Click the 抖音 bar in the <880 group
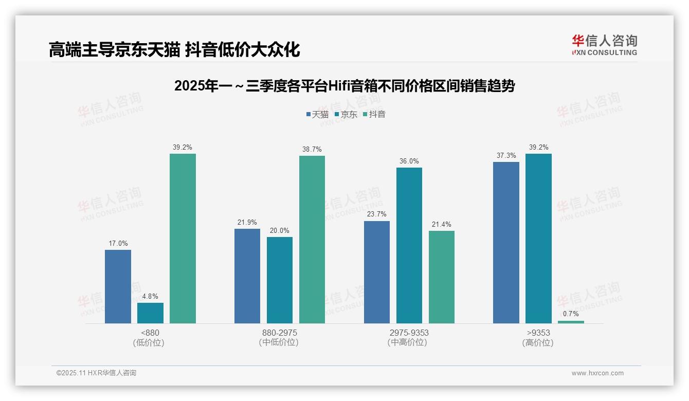click(183, 239)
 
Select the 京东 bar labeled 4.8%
click(150, 313)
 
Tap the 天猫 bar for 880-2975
click(247, 276)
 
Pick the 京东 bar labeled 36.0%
click(409, 245)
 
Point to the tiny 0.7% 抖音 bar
click(571, 322)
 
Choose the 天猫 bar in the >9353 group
click(506, 243)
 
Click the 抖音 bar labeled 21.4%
click(442, 277)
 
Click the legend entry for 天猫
click(317, 114)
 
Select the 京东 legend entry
click(346, 114)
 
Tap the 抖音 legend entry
click(374, 114)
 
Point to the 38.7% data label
click(312, 150)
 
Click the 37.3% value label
click(506, 156)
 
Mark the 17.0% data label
click(118, 244)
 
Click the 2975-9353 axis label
click(409, 333)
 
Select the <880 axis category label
click(150, 333)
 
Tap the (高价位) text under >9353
click(538, 342)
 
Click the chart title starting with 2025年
click(344, 86)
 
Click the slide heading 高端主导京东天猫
click(174, 50)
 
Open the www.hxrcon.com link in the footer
click(597, 373)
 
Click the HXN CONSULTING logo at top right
click(604, 45)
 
